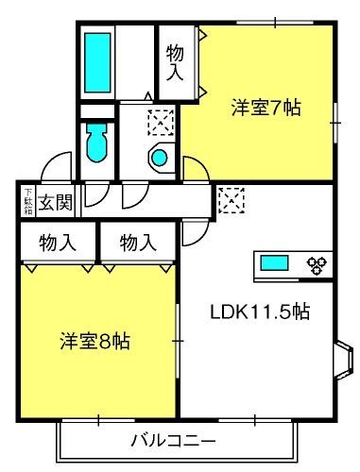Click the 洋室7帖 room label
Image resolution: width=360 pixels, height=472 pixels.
pos(266,108)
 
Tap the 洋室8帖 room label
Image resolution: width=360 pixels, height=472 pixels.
pos(95,341)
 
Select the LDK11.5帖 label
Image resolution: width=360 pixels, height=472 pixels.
pos(260,312)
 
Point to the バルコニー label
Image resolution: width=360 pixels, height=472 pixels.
pos(174,441)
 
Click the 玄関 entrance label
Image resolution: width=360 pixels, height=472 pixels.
pos(56,202)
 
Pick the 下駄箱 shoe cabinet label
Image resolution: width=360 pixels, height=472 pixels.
pos(28,202)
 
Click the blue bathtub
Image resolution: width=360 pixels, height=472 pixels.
pos(97,62)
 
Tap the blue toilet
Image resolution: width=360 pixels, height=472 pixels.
pos(97,143)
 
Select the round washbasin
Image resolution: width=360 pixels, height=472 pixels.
pos(160,158)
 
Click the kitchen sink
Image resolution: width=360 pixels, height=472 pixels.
pos(274,263)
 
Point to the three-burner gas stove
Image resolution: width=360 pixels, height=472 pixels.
pos(317,264)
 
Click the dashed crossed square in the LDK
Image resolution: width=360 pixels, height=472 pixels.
pos(231,200)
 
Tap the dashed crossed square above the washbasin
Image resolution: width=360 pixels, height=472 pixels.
pos(161,123)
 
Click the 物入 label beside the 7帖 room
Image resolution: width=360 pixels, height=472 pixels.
pos(175,62)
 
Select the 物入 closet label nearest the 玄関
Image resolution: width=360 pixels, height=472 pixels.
pos(58,243)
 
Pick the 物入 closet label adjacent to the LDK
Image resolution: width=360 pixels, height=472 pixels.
pos(138,243)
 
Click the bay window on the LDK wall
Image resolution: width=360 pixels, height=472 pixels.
pos(343,361)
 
